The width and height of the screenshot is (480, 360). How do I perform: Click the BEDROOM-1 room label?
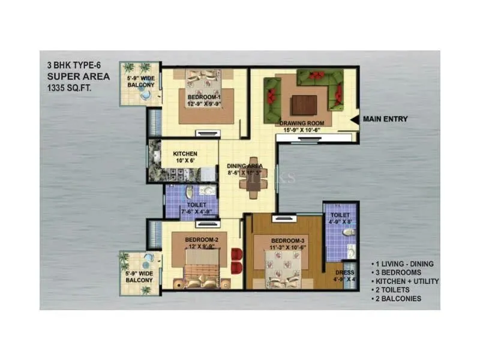(205, 97)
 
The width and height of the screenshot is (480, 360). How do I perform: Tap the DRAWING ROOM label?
(302, 124)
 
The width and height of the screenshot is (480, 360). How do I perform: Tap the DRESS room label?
(344, 272)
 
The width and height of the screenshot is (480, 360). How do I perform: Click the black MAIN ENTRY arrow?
(356, 119)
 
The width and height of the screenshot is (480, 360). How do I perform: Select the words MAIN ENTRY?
(385, 119)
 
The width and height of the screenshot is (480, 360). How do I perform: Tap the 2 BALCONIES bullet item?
(397, 298)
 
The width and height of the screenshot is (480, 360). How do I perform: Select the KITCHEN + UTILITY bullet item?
(405, 281)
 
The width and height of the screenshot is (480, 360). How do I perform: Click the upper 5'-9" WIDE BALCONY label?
(140, 81)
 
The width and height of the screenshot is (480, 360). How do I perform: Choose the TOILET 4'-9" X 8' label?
(340, 217)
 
